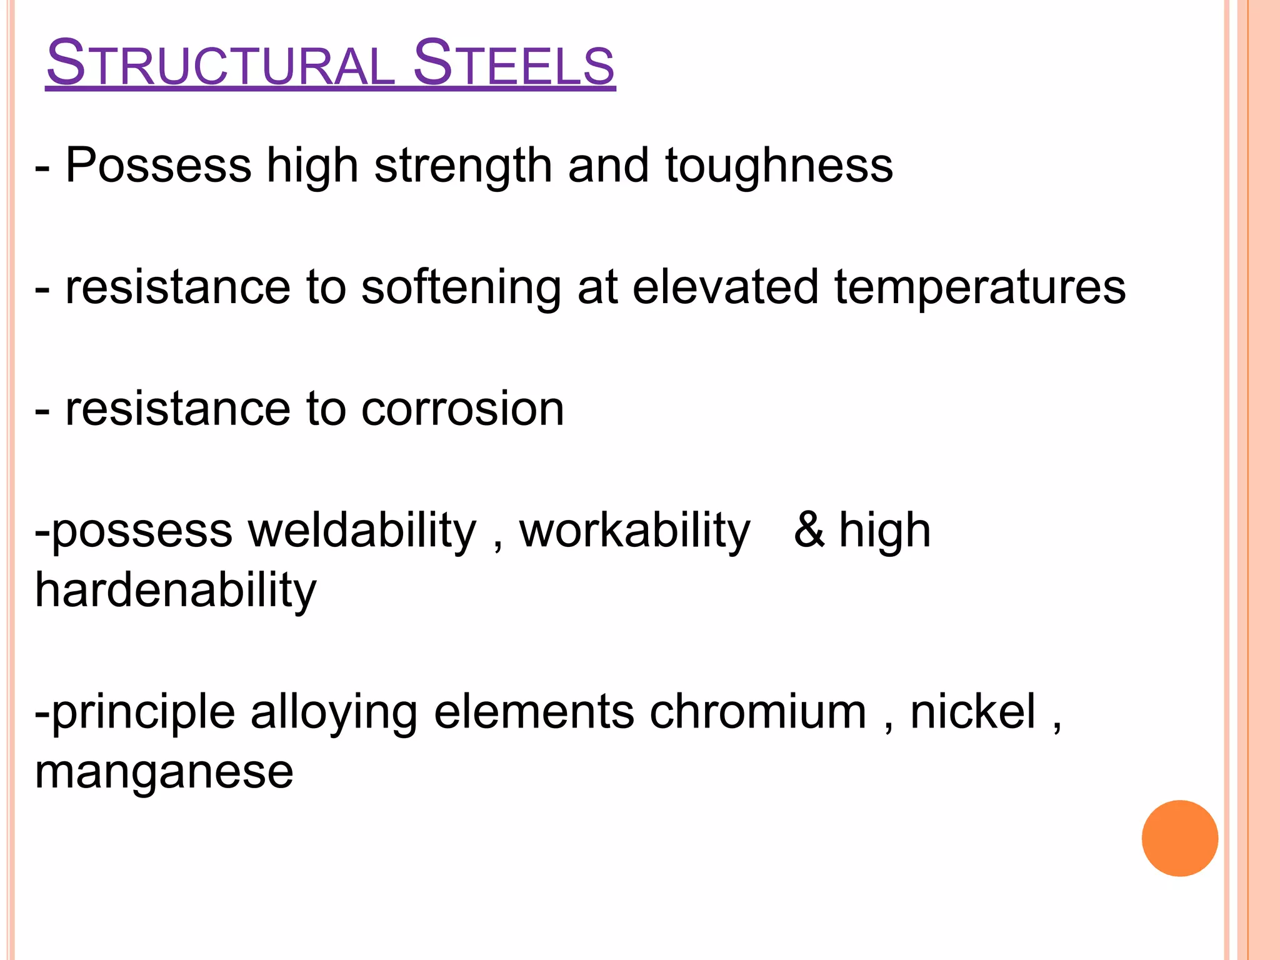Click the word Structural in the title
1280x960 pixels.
click(x=220, y=63)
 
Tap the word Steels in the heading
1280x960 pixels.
click(x=514, y=63)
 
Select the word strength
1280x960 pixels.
click(x=463, y=166)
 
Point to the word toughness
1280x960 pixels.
click(x=779, y=166)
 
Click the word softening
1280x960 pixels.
click(x=461, y=288)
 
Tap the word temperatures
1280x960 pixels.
click(x=980, y=288)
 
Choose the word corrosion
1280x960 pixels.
click(x=462, y=409)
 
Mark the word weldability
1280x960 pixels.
click(x=362, y=531)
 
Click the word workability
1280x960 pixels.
click(x=634, y=531)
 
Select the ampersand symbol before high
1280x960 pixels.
click(x=809, y=529)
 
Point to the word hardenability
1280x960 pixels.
click(x=176, y=591)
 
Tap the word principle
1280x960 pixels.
click(x=143, y=713)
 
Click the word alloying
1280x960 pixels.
click(x=334, y=713)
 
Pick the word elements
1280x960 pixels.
click(x=534, y=712)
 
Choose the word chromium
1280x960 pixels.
click(x=757, y=712)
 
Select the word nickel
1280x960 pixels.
click(x=972, y=712)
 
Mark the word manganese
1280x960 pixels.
click(x=164, y=772)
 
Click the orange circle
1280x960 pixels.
click(x=1179, y=838)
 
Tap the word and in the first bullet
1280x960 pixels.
click(x=608, y=166)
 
